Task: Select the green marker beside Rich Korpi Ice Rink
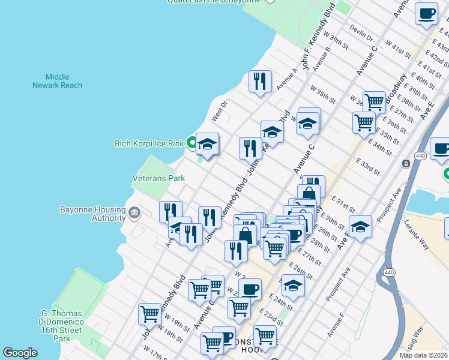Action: pos(191,143)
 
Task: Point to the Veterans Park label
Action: pos(158,178)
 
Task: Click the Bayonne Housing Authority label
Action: pos(92,214)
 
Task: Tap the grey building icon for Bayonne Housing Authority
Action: pos(134,212)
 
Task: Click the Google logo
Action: pos(20,353)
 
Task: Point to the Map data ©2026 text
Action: pos(424,355)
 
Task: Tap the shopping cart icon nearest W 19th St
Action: pos(149,313)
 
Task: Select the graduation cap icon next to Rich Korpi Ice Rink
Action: pos(207,144)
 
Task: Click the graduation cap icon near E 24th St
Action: pos(293,286)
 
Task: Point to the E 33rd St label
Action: pos(368,167)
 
